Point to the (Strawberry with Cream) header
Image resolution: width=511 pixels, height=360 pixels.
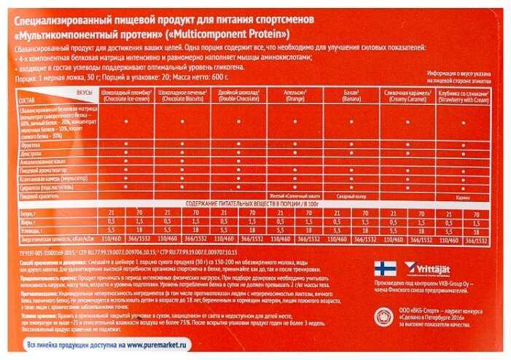465,98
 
